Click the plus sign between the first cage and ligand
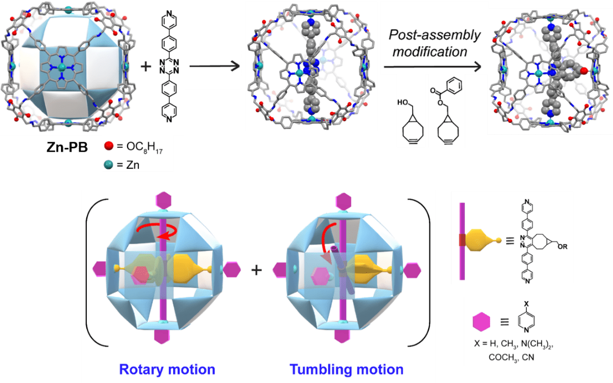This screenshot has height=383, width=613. (146, 66)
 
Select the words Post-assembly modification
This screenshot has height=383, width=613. (435, 43)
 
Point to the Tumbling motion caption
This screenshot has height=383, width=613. (347, 369)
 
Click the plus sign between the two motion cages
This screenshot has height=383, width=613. (257, 270)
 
